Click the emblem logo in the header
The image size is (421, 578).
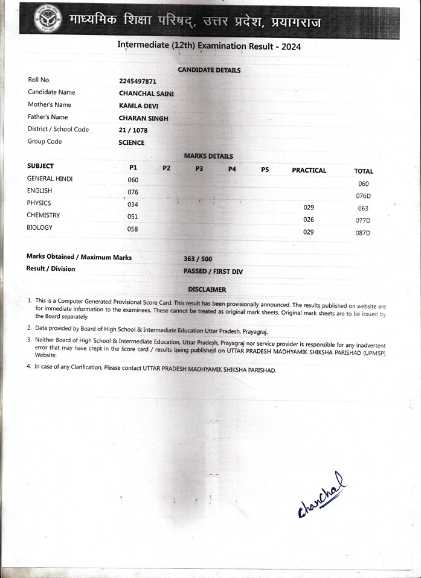coord(48,19)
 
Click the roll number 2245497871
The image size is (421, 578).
coord(138,80)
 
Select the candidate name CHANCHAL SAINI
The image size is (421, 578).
coord(146,93)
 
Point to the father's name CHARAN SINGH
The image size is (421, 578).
coord(144,118)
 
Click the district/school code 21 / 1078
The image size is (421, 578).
coord(133,130)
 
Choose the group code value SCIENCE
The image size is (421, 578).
coord(132,143)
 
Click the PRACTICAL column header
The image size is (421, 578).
coord(309,171)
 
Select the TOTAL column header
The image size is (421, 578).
coord(364,171)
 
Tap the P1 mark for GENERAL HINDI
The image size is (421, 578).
coord(133,180)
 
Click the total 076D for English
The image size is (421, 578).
coord(364,196)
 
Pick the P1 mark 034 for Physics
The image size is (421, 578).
coord(133,205)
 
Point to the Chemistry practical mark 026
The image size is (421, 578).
coord(309,220)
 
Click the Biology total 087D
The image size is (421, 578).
coord(364,233)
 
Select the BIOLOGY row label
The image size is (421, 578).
coord(40,228)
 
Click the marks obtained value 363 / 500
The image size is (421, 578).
coord(198,259)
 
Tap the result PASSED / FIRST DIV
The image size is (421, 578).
coord(213,272)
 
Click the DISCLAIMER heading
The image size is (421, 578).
coord(207,290)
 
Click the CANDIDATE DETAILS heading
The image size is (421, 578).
coord(209,70)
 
